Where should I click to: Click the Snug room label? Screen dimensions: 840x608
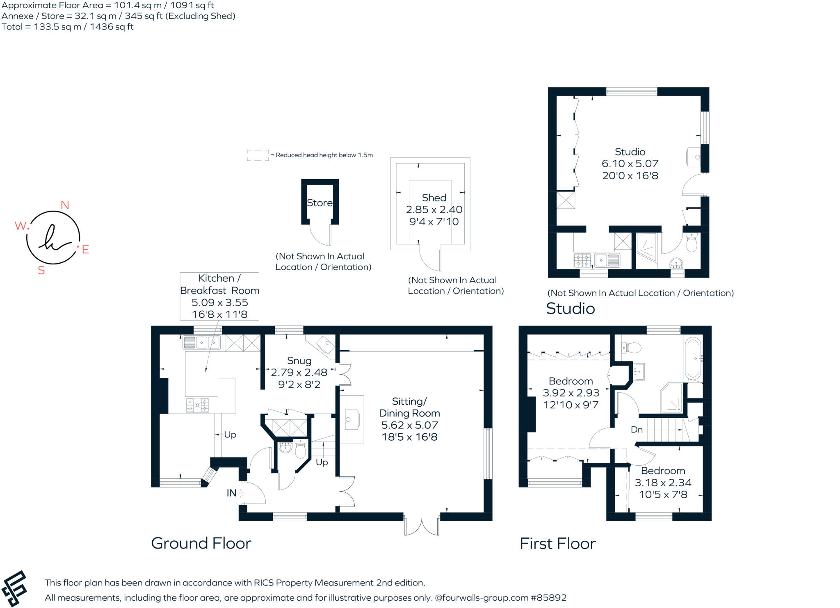click(x=299, y=361)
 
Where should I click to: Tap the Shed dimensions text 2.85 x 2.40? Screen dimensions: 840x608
click(x=434, y=209)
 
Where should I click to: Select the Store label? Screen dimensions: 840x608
click(x=320, y=203)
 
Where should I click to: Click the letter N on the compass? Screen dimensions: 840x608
click(x=65, y=205)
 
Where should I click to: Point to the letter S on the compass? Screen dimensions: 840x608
click(x=41, y=270)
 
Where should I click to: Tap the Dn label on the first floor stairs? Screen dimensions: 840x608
click(x=637, y=430)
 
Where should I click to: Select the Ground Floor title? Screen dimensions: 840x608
click(x=201, y=543)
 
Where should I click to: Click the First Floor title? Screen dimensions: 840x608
click(x=557, y=544)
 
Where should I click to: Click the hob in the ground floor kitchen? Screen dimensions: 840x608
click(x=197, y=405)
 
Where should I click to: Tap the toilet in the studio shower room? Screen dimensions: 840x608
click(x=692, y=242)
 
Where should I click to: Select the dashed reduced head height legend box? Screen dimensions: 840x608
click(x=258, y=155)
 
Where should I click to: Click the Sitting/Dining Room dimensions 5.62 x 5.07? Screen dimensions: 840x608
click(x=409, y=425)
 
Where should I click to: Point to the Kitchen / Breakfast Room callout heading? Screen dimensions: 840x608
click(x=219, y=284)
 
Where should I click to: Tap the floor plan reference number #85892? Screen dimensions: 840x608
click(x=548, y=598)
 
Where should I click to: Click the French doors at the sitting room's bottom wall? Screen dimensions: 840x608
click(x=422, y=524)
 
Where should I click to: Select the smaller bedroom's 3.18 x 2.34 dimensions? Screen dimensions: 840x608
click(x=663, y=483)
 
